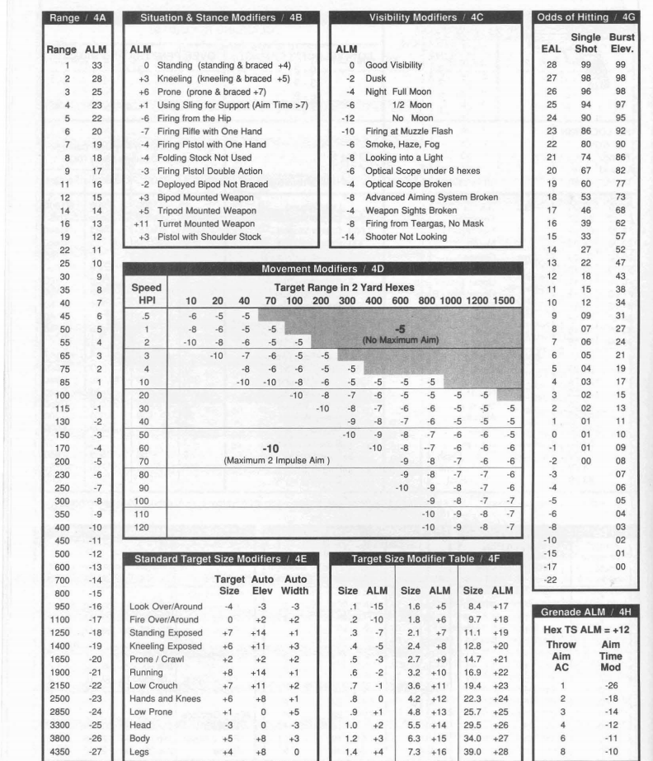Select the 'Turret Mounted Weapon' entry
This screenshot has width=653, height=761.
pyautogui.click(x=195, y=223)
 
